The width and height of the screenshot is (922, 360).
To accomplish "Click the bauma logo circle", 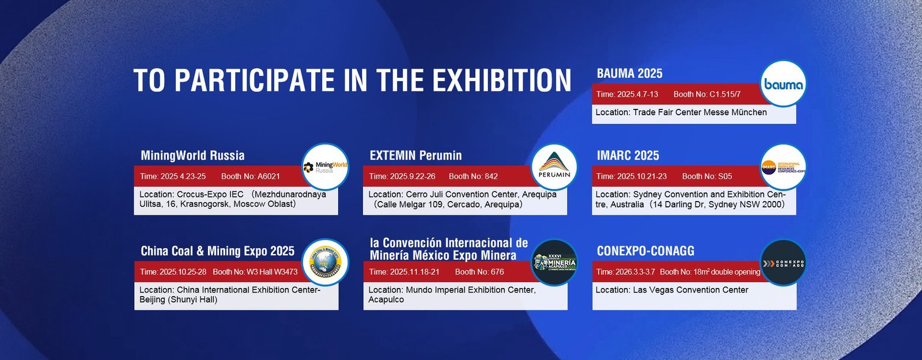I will tap(783, 84).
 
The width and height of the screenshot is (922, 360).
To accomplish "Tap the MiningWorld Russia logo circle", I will tap(326, 166).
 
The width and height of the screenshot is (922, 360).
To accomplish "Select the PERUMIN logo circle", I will tap(554, 166).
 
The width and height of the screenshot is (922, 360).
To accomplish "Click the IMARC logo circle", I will tap(783, 167).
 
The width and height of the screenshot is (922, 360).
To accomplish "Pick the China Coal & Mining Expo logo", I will tap(326, 262).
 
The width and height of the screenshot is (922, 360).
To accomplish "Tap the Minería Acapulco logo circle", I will tap(554, 262).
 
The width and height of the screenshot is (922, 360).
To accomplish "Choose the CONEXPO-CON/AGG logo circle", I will tap(783, 263).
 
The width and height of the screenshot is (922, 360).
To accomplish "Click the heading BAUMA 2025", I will tap(629, 74).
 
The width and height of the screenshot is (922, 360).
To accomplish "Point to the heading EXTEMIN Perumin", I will tap(415, 156).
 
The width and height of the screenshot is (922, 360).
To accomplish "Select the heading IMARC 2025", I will tap(628, 156).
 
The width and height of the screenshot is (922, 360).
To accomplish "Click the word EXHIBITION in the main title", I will tap(501, 81).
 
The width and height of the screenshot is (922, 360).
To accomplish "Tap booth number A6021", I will tap(269, 176).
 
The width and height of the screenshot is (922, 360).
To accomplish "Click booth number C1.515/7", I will tap(725, 94).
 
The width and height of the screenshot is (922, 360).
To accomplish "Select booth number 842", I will tap(491, 176).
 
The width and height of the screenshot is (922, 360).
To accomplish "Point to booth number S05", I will tap(725, 176).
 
